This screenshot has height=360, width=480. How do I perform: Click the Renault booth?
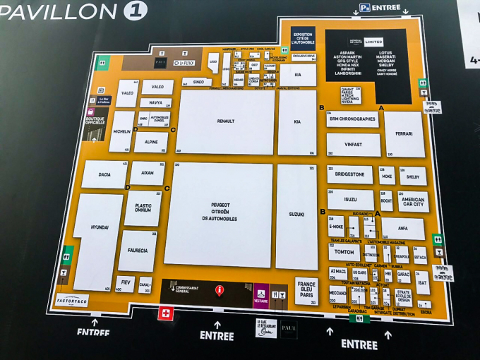(225, 121)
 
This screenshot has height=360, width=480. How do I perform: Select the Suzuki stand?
(296, 215)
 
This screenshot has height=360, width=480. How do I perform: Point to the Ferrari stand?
(404, 133)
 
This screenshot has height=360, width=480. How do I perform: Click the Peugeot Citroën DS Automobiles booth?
(220, 212)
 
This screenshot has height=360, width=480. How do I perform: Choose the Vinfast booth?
(353, 145)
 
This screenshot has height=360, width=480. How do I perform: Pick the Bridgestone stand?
(349, 174)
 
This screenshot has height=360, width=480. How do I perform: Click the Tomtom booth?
(344, 252)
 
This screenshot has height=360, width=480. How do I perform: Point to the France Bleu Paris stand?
(306, 290)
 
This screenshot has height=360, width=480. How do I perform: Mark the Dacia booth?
(104, 174)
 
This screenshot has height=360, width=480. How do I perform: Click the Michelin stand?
(122, 132)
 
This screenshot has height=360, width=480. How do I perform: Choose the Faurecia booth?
(138, 250)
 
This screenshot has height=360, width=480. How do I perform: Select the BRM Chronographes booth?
(352, 119)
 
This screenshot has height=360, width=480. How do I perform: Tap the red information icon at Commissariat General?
(220, 289)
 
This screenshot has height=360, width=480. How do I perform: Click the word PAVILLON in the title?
(58, 12)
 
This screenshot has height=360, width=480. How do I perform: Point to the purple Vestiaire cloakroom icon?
(260, 293)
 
